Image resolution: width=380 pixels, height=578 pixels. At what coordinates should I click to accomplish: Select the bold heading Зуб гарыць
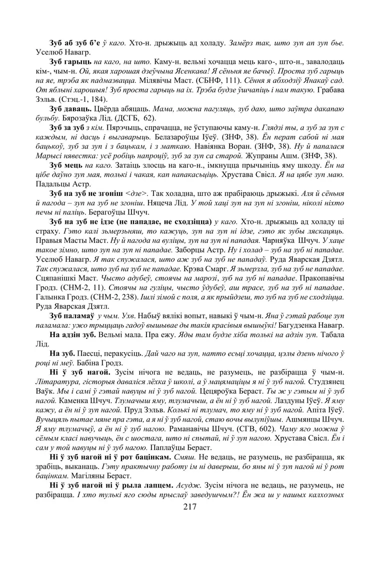click(x=70, y=60)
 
